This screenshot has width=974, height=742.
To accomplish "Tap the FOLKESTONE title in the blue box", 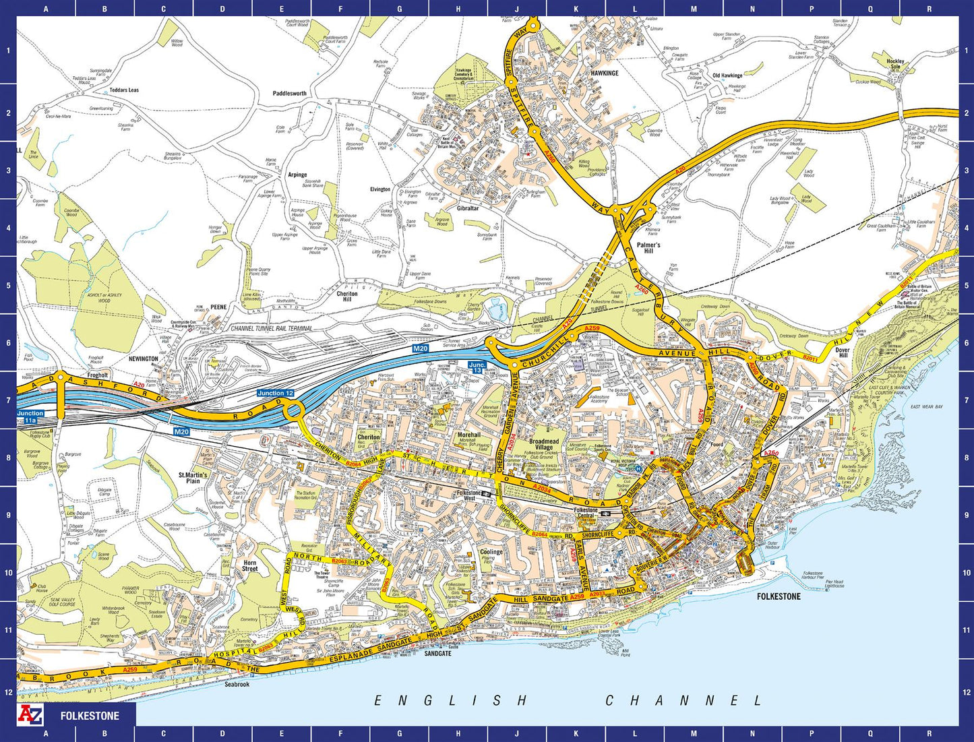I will (90, 716).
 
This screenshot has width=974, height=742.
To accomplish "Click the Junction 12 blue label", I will (275, 393).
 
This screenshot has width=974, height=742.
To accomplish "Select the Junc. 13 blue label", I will (477, 368).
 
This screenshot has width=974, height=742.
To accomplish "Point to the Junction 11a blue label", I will (30, 416).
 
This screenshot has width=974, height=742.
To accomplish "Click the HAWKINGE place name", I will (604, 73).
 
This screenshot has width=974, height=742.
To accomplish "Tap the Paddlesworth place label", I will (289, 94).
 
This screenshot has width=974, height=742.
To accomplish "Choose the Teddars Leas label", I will (124, 90).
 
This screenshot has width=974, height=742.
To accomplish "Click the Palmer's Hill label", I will (648, 248).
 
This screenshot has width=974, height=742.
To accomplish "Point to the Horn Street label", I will (250, 565).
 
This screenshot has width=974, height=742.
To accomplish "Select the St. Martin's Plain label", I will (193, 478).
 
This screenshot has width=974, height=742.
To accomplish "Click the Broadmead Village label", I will (544, 444).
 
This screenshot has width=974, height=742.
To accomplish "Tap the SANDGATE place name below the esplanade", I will (438, 653).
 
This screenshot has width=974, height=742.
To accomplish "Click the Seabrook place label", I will (237, 684).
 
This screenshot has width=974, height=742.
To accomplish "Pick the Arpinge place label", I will (297, 175).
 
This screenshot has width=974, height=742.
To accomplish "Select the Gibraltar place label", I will (468, 208).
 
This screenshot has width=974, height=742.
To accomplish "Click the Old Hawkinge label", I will (727, 75).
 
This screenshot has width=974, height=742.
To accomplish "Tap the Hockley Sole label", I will (895, 64).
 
